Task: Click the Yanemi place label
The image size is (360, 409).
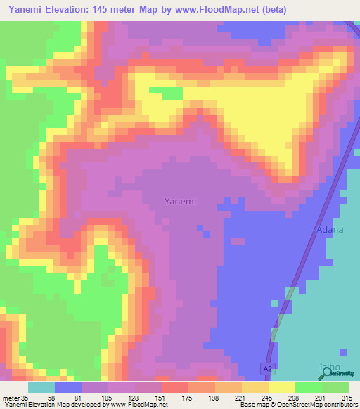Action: [180, 201]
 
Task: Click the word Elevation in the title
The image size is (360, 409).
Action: [77, 9]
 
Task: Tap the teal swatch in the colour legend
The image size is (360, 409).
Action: [41, 387]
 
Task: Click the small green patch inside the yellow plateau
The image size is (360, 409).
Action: [167, 94]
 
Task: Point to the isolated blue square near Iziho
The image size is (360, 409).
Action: [342, 351]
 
